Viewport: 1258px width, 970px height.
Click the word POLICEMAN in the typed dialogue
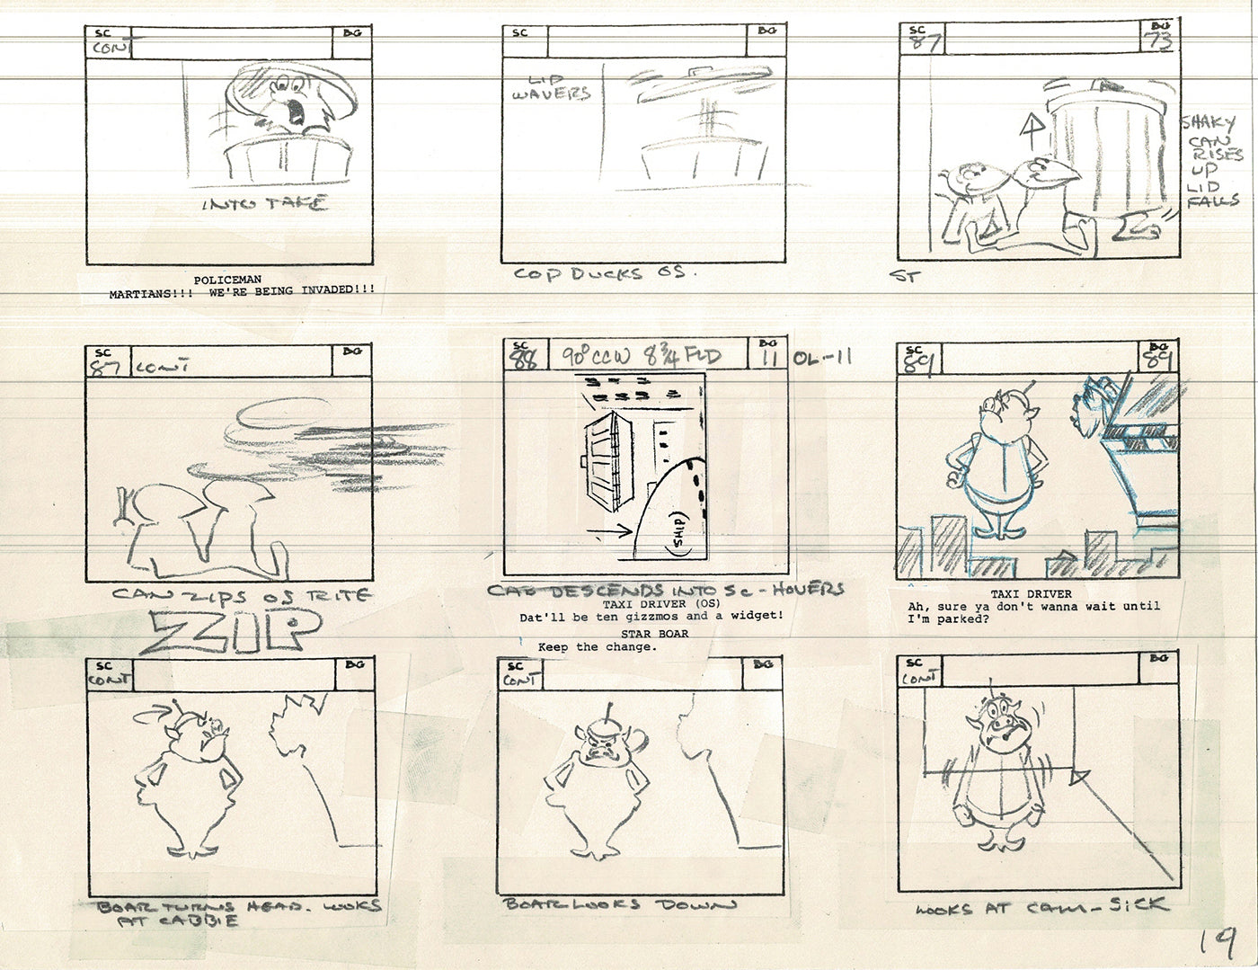coord(227,280)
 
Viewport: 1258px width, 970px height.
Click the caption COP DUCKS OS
coord(599,272)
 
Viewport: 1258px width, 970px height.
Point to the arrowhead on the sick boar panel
coord(1081,774)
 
